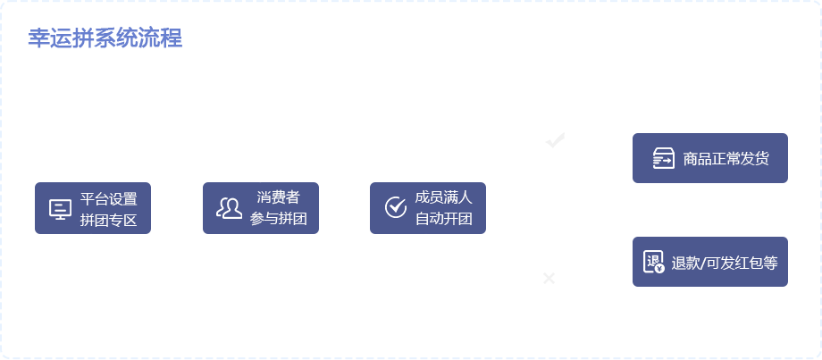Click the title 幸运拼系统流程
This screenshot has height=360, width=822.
coord(105,39)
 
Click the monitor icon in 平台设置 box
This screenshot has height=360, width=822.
coord(60,209)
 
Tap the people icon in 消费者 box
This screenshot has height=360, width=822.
coord(230,208)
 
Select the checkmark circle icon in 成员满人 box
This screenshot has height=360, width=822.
coord(396,208)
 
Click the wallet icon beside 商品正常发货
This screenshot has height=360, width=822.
coord(662,159)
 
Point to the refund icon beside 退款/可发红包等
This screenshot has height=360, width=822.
coord(654,263)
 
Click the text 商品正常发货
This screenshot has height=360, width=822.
coord(726,159)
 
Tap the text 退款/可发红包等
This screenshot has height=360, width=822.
coord(725,263)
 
